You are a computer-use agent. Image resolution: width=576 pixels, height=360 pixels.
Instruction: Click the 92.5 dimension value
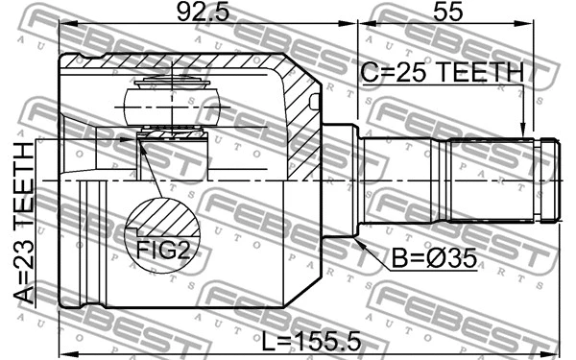(x=203, y=12)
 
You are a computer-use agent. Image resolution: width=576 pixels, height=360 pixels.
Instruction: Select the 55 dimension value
(x=447, y=12)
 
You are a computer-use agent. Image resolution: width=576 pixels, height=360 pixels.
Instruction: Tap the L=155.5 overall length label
(x=311, y=342)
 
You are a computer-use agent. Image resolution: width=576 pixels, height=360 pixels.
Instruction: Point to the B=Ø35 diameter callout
(x=434, y=258)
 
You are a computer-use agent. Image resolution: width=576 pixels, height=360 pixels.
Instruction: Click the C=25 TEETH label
(x=443, y=72)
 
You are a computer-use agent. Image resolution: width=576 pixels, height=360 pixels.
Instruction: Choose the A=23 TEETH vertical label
(x=24, y=223)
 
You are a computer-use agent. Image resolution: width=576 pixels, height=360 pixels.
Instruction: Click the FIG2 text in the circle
(x=163, y=251)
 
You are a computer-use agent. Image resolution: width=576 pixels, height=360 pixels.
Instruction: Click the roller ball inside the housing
(x=172, y=107)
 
